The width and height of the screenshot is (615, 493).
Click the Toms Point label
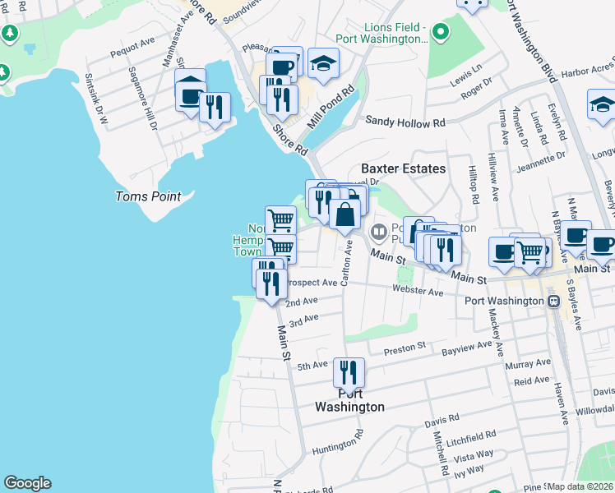coord(148,196)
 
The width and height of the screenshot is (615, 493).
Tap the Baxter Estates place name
coord(403,168)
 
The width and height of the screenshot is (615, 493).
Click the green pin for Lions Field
coord(441,33)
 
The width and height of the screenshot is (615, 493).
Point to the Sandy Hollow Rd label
coord(405,122)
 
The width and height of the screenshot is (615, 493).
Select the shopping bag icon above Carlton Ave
coord(346,214)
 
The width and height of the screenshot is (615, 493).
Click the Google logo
coord(27,483)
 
